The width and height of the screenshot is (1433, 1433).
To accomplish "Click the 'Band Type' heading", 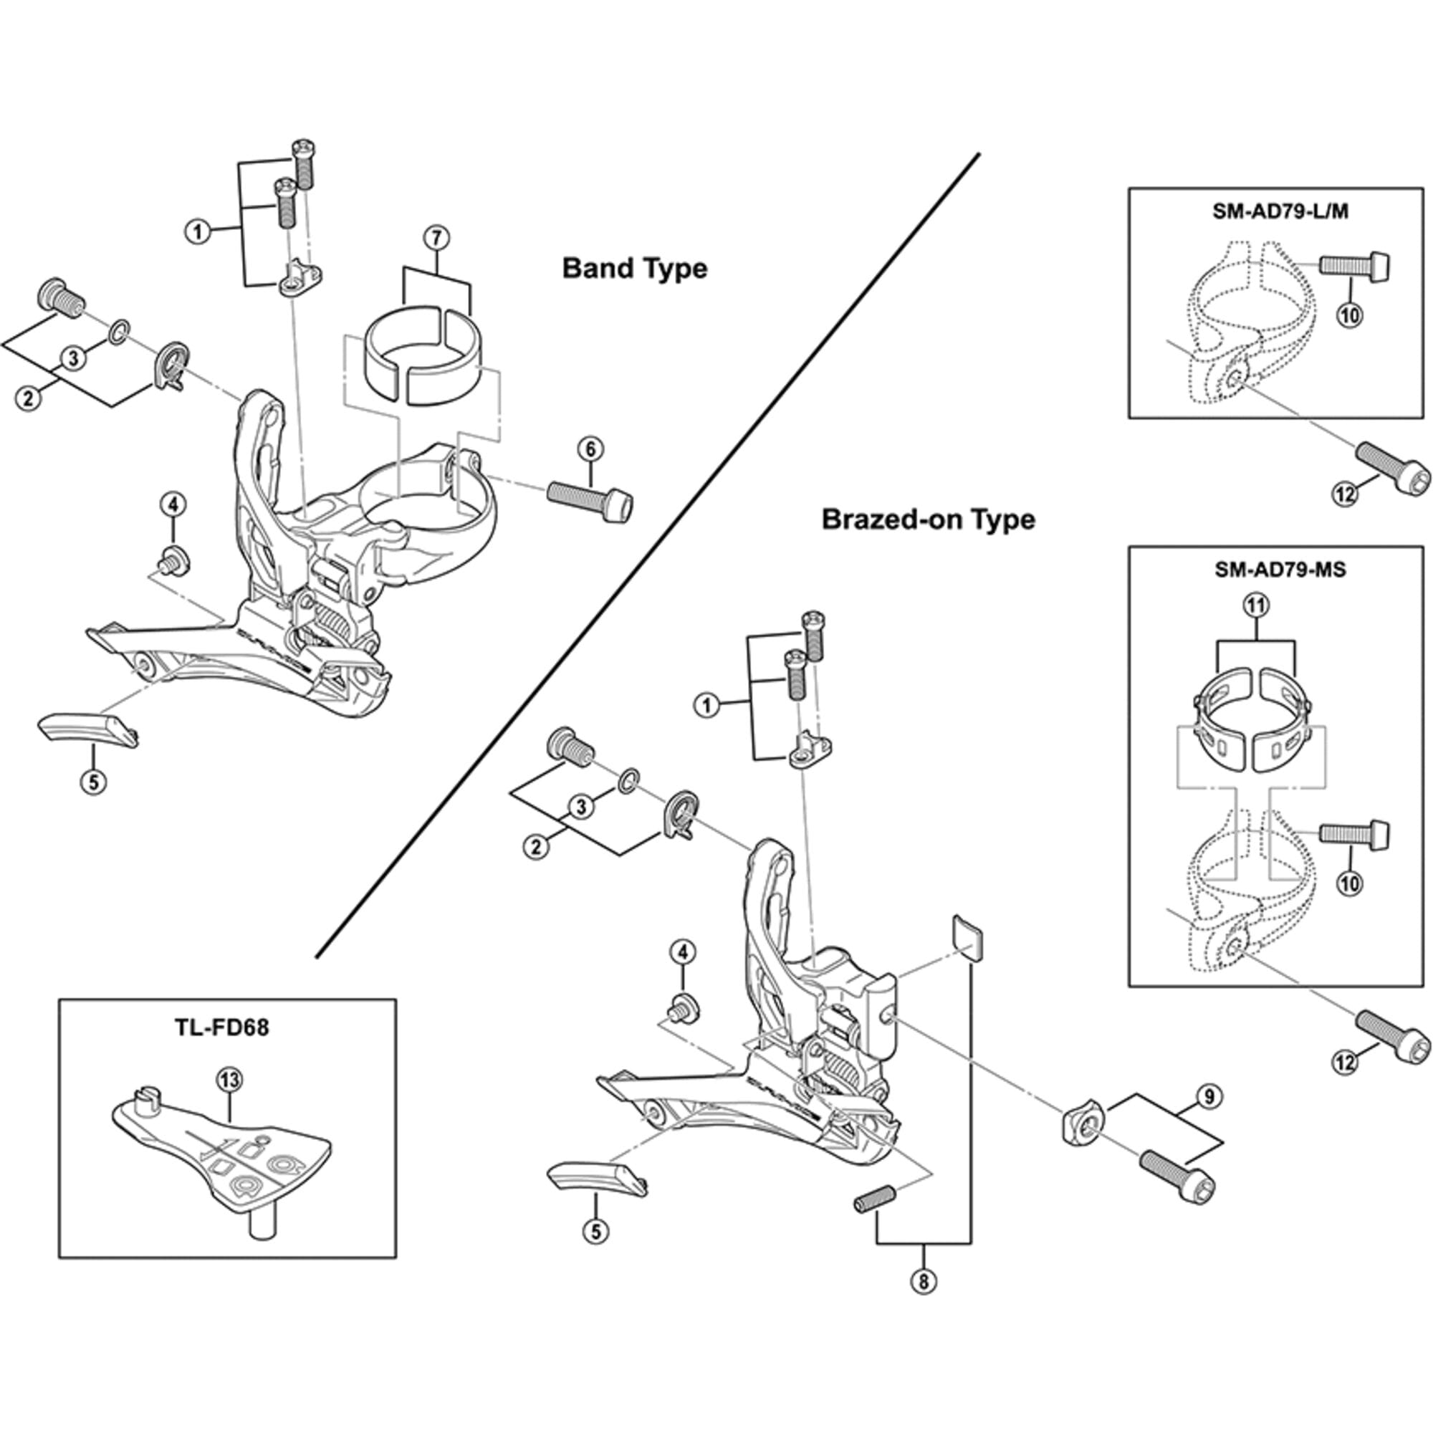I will [x=634, y=269].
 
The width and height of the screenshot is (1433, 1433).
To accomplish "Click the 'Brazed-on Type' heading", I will [x=928, y=519].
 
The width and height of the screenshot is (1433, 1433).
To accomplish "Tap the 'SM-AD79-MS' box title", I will [x=1280, y=570].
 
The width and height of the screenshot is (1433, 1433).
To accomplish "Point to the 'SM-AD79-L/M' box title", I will [x=1280, y=211].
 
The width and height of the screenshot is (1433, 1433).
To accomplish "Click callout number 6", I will [x=590, y=448].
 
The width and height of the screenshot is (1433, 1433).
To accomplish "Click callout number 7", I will [x=436, y=238].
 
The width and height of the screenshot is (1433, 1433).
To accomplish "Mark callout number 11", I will [x=1257, y=606].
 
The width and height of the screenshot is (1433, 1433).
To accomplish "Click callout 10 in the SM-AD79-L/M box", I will [x=1350, y=315].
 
